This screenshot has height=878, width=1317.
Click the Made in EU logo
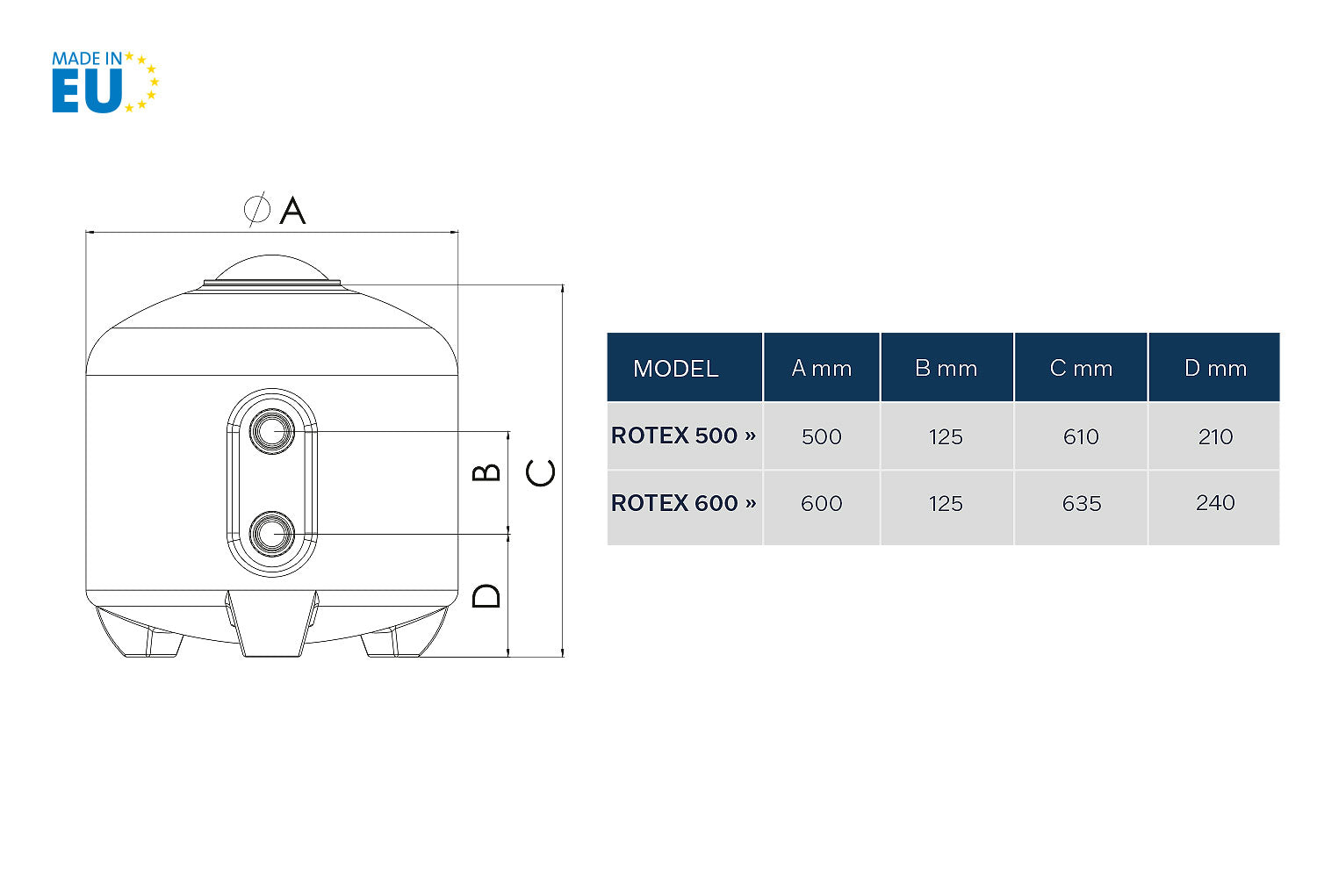(x=105, y=82)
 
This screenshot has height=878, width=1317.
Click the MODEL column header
(x=675, y=369)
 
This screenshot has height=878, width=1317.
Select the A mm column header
(x=821, y=368)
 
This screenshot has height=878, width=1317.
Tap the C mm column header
(x=1081, y=368)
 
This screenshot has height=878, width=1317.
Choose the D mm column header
(x=1215, y=368)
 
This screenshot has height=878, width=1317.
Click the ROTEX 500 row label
(x=683, y=435)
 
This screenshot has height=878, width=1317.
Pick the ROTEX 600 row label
(x=683, y=503)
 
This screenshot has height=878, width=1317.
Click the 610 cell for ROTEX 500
(x=1081, y=436)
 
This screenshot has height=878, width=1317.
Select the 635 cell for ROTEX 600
(x=1081, y=503)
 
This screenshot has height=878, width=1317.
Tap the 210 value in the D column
(x=1215, y=436)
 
